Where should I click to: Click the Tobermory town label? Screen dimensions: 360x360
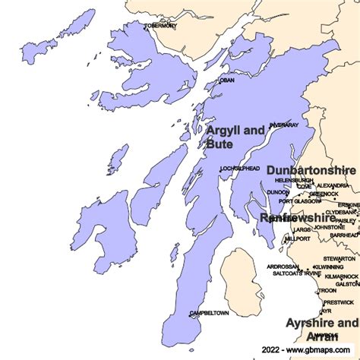160,26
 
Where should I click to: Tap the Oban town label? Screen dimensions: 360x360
226,80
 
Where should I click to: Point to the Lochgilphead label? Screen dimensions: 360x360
240,168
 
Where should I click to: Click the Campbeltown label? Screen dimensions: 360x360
209,313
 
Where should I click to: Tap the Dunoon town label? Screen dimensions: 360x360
278,193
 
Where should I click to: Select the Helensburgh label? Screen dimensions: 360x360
295,180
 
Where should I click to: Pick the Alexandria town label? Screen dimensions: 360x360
333,185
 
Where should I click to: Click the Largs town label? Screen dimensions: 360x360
302,229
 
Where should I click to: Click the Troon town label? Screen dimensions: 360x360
327,291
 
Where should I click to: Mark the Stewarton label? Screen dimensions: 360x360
339,258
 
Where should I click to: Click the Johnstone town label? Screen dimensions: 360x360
330,227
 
